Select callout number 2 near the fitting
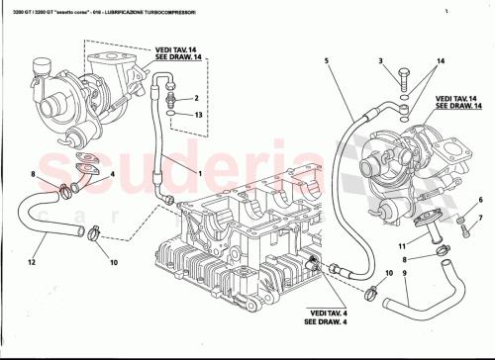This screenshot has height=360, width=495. pos(198,98)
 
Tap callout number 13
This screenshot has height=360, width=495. pos(198,115)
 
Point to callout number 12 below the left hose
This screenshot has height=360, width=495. pos(32,262)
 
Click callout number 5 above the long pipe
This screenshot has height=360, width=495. pos(326,61)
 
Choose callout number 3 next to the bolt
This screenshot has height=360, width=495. pos(380,61)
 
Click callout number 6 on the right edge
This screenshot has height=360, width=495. pos(481,199)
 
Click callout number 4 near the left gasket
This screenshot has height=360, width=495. pos(112,175)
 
